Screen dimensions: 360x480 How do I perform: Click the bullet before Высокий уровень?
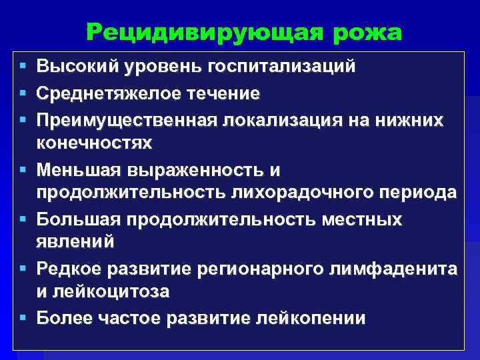[x=24, y=67]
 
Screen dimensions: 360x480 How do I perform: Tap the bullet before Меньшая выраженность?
[x=24, y=170]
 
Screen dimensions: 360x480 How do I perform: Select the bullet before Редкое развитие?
[x=24, y=269]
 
